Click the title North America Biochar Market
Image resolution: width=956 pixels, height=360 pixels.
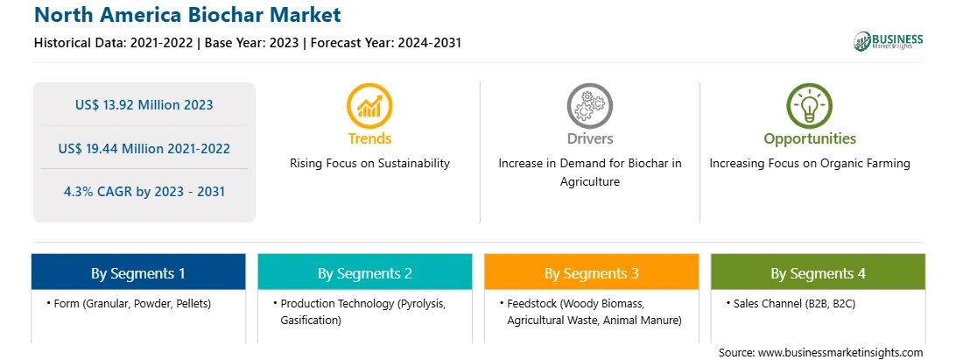[x=187, y=15]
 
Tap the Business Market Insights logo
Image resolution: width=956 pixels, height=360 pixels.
[x=889, y=41]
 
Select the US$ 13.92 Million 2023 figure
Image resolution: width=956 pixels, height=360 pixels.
[x=144, y=105]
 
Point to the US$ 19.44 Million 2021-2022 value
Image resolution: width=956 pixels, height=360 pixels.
[x=144, y=148]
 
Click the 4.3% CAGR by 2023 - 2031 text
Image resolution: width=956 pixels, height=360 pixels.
[x=144, y=192]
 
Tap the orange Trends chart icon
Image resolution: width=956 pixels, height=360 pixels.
[x=369, y=106]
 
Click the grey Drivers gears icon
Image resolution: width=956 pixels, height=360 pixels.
[x=589, y=106]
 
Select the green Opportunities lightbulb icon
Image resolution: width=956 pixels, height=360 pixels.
[x=810, y=106]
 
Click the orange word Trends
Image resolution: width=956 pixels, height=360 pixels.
[x=369, y=138]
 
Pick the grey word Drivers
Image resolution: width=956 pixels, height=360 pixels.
[x=589, y=138]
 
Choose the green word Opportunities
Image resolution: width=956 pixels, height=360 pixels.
[x=810, y=139]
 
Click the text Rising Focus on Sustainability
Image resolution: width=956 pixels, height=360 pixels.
[x=369, y=164]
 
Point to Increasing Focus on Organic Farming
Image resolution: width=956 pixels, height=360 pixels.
[x=810, y=164]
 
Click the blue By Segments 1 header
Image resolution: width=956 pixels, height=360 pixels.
[x=138, y=272]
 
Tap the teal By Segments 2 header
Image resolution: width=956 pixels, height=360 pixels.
[x=364, y=272]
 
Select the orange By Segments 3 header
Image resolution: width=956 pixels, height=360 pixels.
[x=592, y=272]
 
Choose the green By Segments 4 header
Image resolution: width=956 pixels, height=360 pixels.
[x=818, y=272]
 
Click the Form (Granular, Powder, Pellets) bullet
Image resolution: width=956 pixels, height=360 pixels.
[x=129, y=303]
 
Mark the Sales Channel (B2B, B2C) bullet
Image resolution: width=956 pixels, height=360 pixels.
[x=791, y=303]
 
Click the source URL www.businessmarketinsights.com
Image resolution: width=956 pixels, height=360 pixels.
[x=840, y=353]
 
